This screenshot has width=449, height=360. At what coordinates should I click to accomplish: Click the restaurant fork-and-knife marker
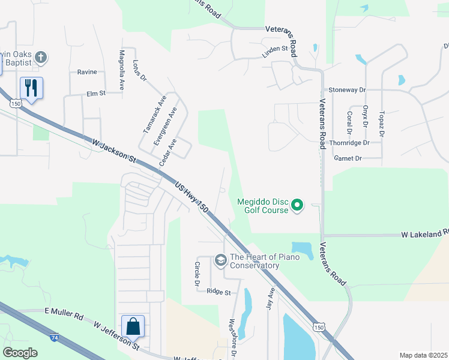(x=31, y=88)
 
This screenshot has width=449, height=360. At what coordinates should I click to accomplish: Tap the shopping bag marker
(x=133, y=326)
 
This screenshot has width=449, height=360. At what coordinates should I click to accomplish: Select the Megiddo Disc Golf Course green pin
(x=297, y=206)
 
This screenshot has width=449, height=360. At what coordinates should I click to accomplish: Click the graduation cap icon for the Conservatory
(x=220, y=259)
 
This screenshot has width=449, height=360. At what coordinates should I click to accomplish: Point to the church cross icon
(x=41, y=58)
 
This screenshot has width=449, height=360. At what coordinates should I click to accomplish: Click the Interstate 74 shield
(x=55, y=338)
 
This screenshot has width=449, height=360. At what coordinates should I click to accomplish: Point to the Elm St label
(x=96, y=94)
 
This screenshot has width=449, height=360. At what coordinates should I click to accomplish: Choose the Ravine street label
(x=87, y=72)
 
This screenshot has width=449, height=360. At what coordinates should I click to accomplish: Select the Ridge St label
(x=218, y=292)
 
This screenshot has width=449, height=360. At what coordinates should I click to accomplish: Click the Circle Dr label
(x=197, y=274)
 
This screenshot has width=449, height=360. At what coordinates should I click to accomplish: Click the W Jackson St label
(x=115, y=149)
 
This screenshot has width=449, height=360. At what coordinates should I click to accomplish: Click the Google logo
(x=20, y=352)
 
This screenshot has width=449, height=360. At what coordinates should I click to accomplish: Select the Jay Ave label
(x=270, y=299)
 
